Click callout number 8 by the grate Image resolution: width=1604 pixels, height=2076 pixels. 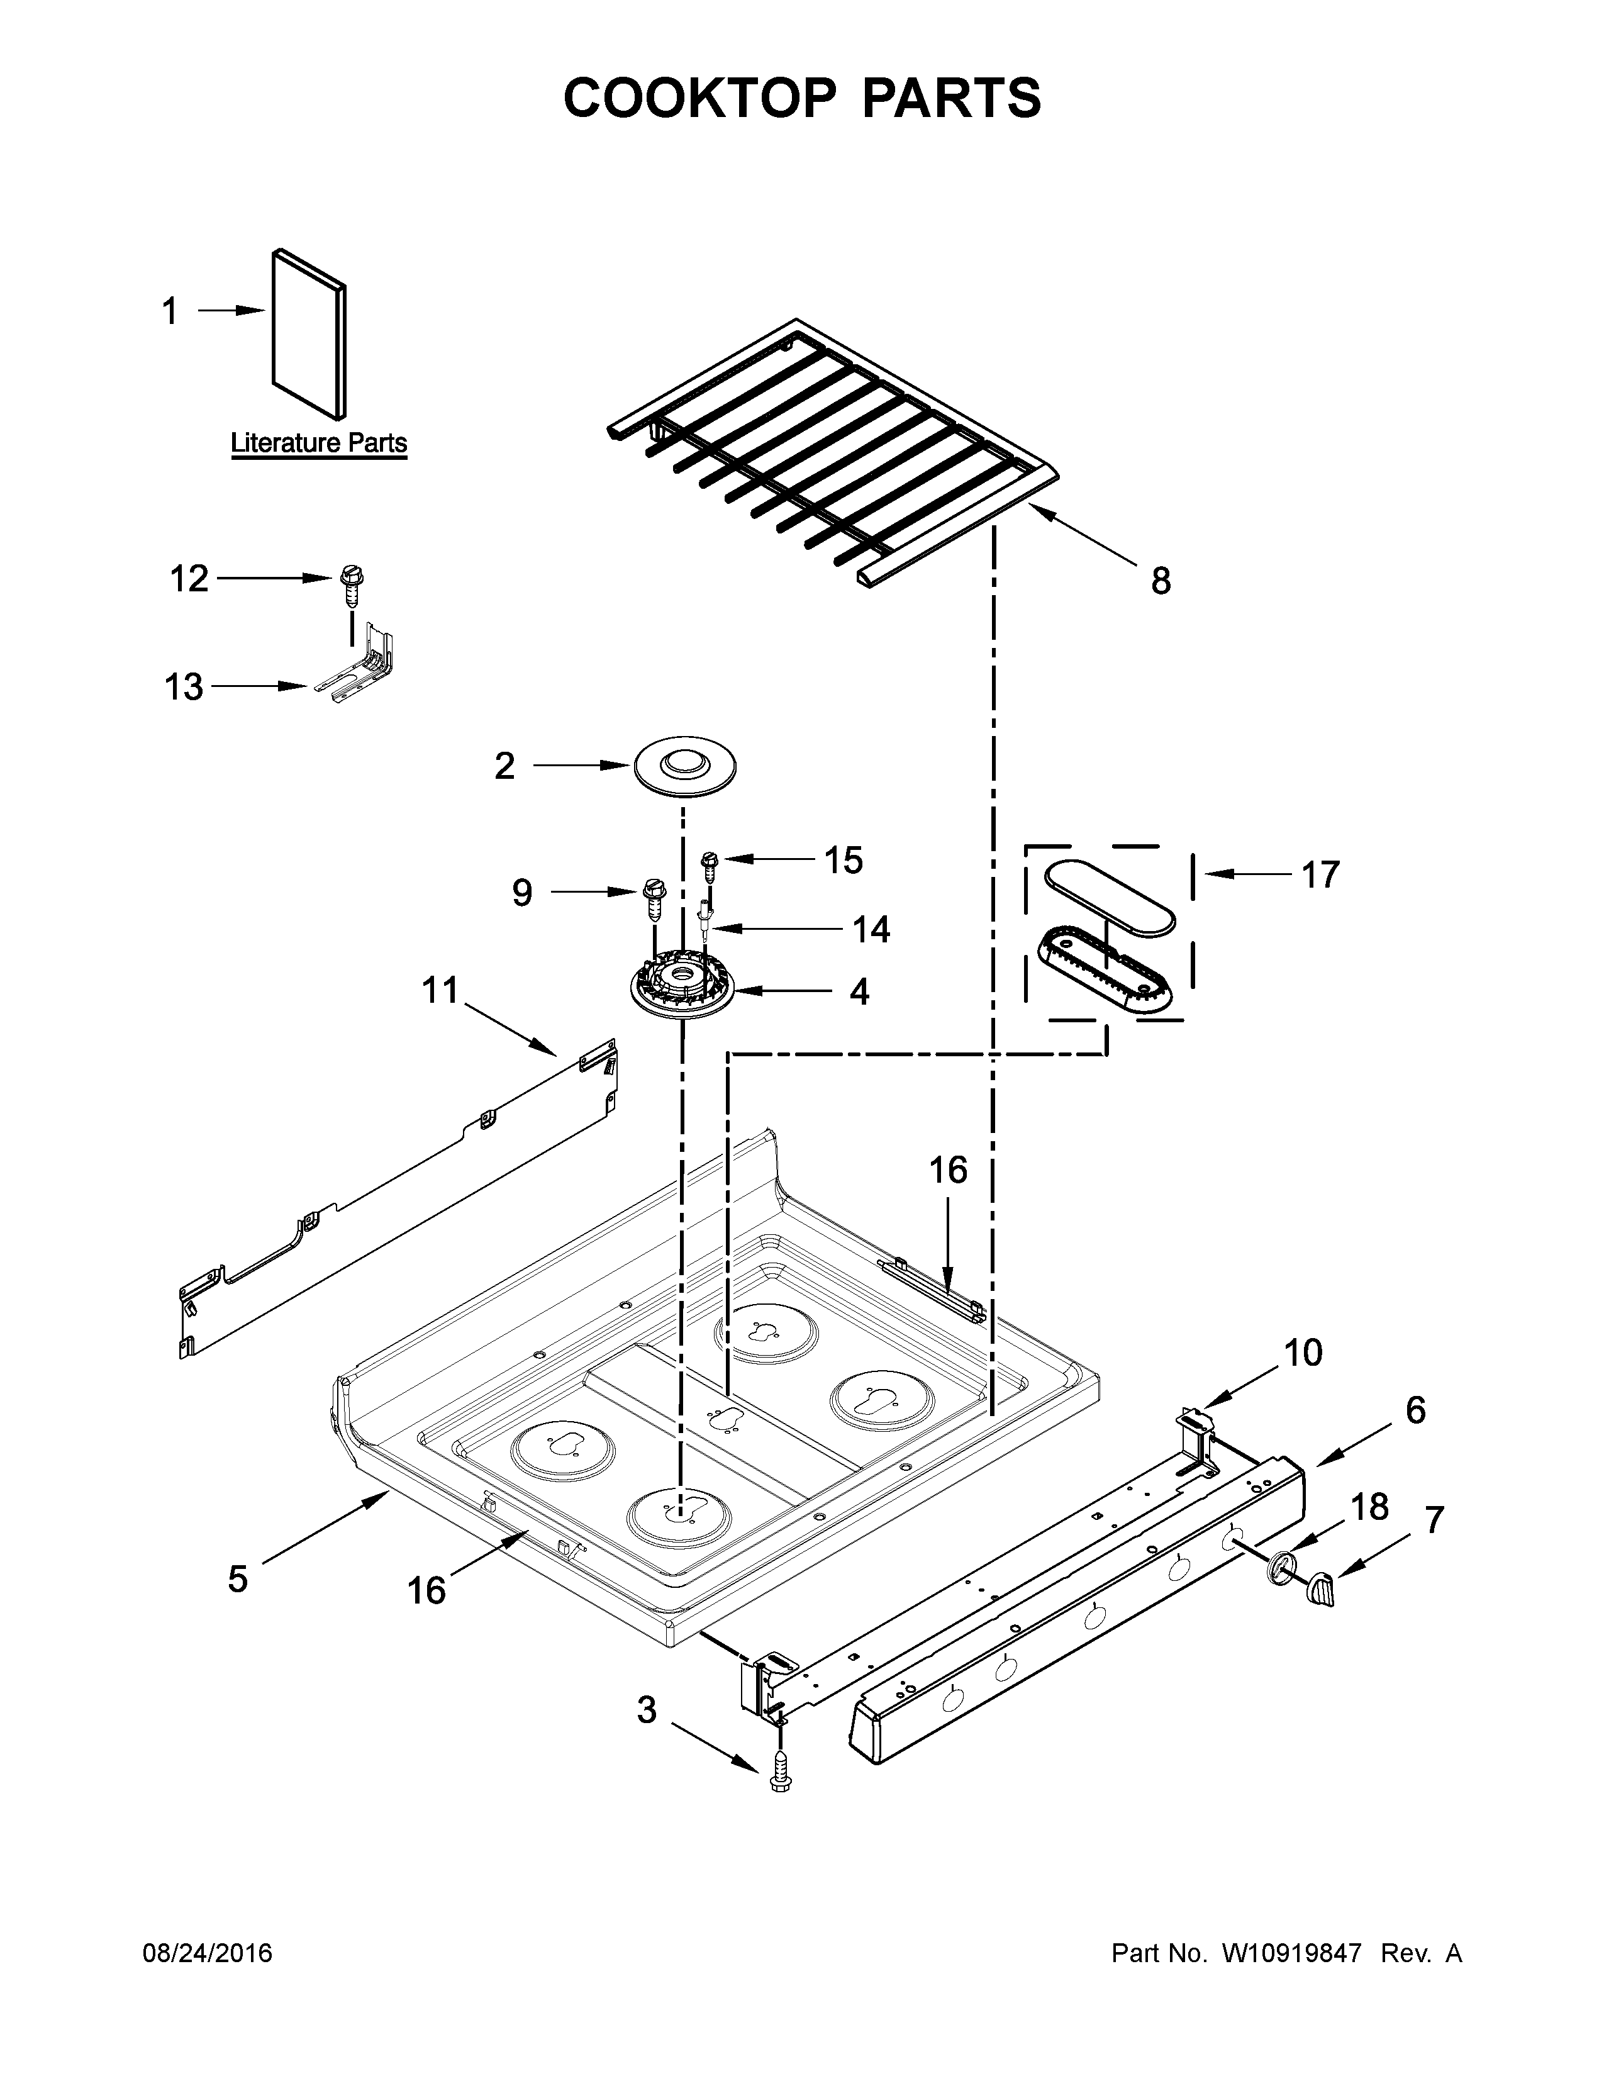(1161, 581)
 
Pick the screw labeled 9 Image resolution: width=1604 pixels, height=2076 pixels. (654, 897)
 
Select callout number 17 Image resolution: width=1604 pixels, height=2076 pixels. (1319, 874)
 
